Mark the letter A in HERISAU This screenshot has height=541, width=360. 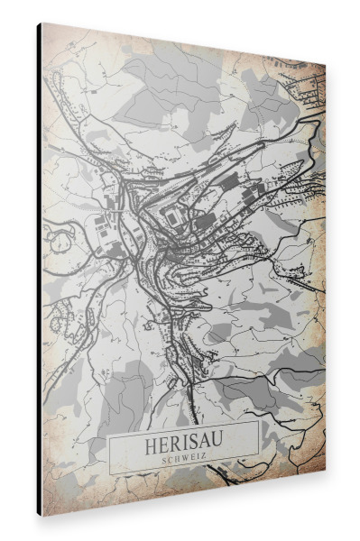(204, 445)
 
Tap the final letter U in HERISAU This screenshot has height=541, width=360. (217, 445)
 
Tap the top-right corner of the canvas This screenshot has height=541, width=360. (326, 64)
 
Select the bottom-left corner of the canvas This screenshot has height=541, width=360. (39, 515)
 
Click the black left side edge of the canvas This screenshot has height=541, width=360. (40, 270)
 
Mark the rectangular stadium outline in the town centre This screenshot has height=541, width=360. (171, 215)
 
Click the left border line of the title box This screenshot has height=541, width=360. (110, 455)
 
